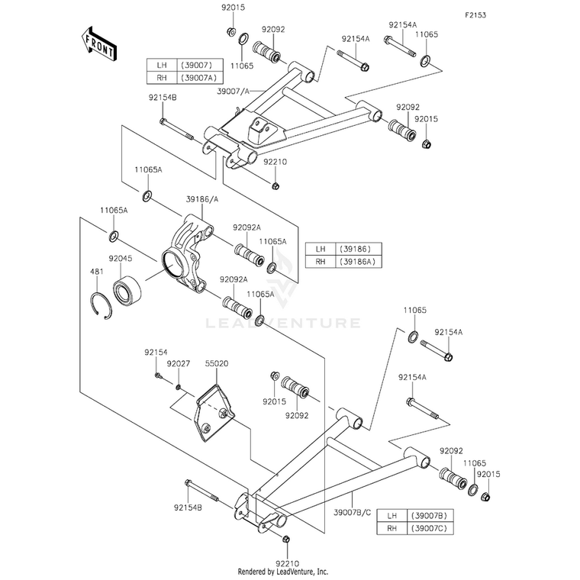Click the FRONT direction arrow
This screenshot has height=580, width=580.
98,43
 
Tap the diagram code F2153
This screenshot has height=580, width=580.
475,15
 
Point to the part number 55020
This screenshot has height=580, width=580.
217,363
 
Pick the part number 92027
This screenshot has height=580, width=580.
179,363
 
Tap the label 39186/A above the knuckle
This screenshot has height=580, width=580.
202,199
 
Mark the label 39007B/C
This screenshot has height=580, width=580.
352,513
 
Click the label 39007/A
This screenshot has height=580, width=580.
234,92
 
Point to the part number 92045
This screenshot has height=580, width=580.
121,259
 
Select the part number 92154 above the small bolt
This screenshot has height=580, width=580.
156,353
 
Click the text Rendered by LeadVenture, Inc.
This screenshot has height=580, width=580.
283,572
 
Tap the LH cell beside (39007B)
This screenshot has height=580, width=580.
391,516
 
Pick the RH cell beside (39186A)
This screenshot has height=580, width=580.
321,262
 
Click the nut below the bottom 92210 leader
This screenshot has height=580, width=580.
285,539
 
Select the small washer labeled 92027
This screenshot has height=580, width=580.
179,387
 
